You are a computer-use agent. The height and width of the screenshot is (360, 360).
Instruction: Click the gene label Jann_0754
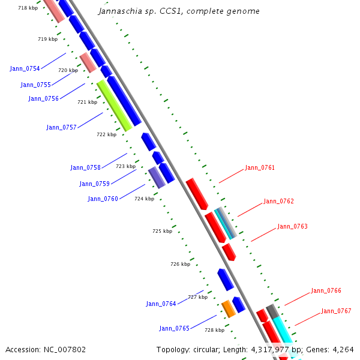pos(25,68)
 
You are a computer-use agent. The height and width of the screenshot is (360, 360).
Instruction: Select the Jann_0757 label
pos(61,127)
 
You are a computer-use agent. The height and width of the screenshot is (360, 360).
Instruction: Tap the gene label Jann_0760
pos(103,199)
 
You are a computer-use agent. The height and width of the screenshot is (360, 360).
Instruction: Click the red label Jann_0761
pos(260,167)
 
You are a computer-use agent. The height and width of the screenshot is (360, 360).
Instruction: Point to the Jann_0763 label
pos(292,226)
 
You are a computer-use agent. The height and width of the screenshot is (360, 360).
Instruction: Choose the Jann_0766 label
pos(326,290)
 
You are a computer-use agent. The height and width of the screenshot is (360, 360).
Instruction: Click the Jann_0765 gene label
pos(174,328)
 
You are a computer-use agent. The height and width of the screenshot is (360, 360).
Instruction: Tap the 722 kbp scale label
pos(106,134)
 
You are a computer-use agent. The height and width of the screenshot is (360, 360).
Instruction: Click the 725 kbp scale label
pos(162,231)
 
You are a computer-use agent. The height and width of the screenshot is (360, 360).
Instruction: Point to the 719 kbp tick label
pos(47,39)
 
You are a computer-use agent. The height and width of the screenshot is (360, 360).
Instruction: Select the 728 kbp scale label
pos(214,330)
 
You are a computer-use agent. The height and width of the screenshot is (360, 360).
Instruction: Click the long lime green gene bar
pos(114,105)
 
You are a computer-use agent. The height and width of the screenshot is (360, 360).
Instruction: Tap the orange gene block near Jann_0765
pos(228,308)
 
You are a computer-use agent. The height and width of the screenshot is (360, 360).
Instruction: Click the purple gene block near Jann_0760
pos(157,178)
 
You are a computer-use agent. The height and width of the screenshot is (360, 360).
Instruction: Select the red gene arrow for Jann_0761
pos(197,193)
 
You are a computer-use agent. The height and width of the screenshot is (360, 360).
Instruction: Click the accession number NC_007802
pos(65,349)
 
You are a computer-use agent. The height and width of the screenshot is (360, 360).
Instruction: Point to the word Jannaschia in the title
pos(119,11)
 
